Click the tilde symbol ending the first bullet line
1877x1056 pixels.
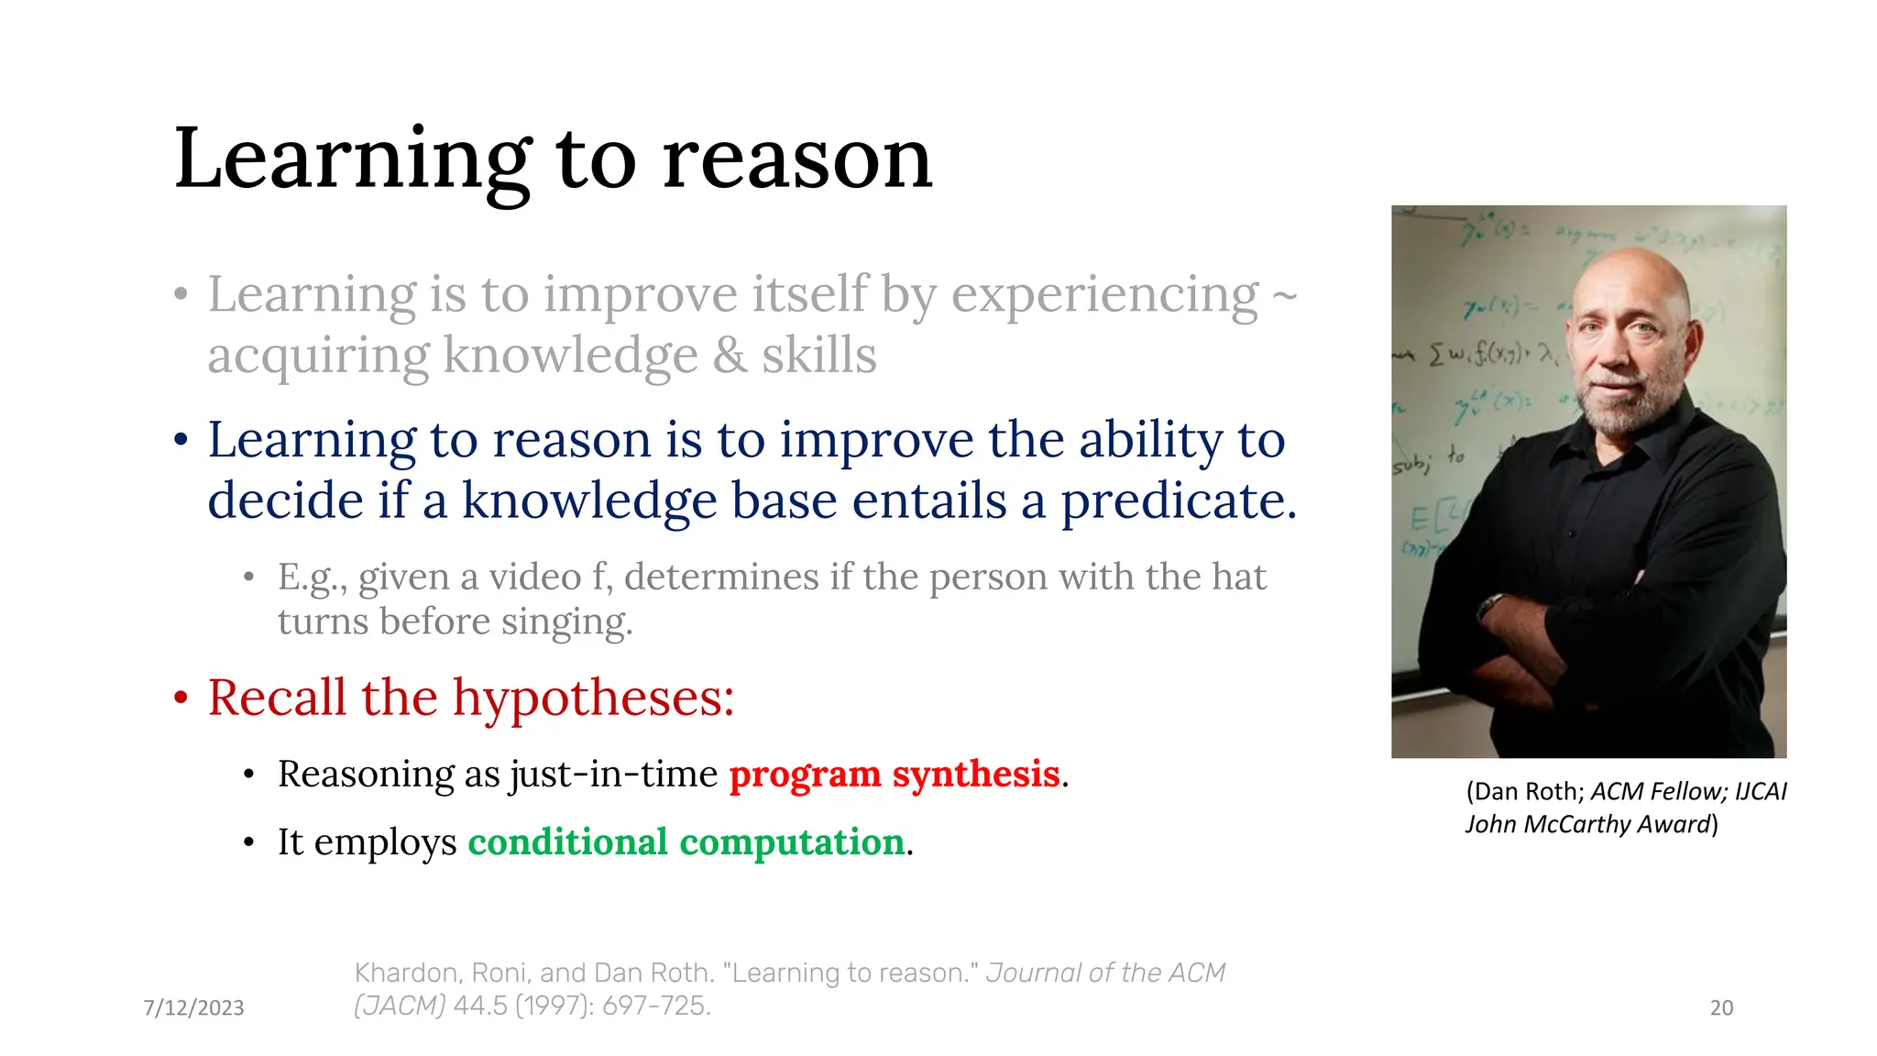coord(1285,296)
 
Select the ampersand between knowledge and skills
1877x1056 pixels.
coord(730,356)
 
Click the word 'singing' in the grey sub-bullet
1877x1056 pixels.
coord(565,622)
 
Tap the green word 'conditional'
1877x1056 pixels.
coord(567,842)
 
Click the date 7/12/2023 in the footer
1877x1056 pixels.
coord(193,1008)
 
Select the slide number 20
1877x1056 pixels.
coord(1721,1008)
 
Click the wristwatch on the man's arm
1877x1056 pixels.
coord(1491,605)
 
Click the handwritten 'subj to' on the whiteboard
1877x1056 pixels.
coord(1430,460)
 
